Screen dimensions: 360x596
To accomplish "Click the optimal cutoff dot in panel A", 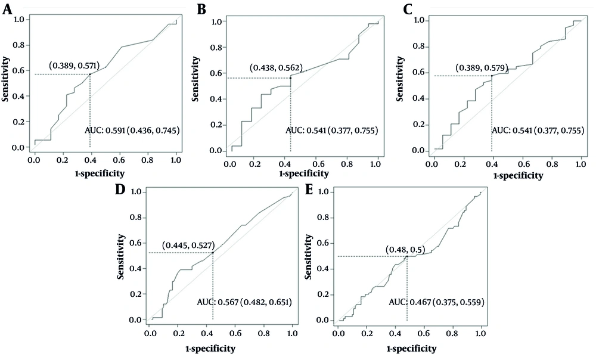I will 90,74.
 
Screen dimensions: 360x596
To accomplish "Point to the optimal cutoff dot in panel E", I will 406,256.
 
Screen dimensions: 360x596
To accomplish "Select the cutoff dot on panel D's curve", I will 213,253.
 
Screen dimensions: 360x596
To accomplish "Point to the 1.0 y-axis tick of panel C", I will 419,21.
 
